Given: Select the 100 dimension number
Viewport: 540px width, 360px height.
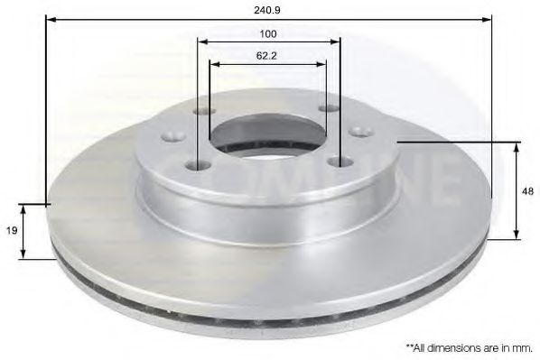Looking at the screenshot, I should (x=268, y=33).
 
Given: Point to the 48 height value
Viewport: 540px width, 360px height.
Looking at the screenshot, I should (x=527, y=190).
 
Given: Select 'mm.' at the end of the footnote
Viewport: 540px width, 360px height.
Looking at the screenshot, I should (x=521, y=346).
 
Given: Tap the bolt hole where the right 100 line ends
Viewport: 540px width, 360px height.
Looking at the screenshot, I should (x=340, y=162).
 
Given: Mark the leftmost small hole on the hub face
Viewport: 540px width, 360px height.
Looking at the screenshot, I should (x=170, y=138).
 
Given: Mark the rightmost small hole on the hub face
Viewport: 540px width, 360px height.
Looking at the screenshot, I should (x=366, y=131).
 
